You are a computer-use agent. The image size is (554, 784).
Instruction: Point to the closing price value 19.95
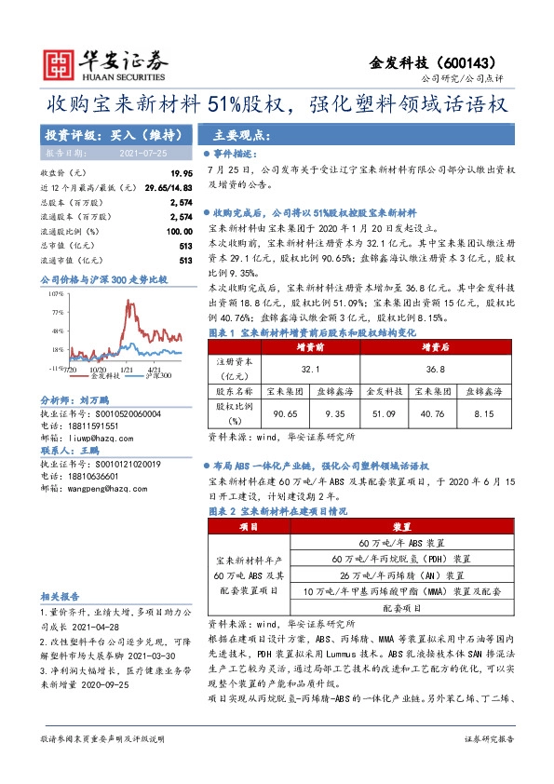[x=181, y=174]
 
